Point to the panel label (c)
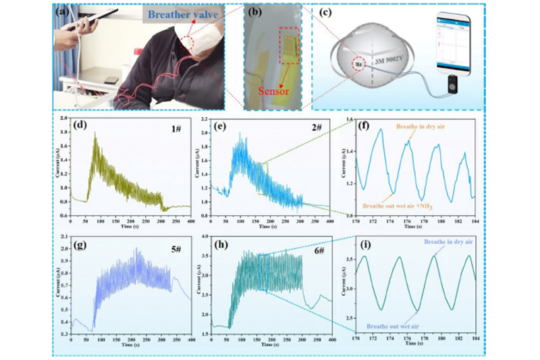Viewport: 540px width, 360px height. (x=322, y=11)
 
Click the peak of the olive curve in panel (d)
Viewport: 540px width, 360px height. (x=95, y=134)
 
